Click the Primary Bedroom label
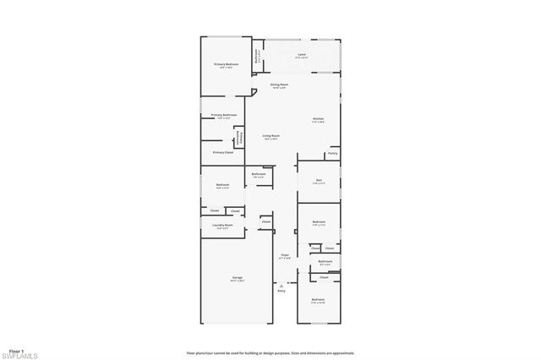[x=226, y=63]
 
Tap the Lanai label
[x=301, y=54]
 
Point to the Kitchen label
[x=318, y=117]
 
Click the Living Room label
[x=270, y=135]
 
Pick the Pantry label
[x=333, y=153]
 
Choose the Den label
[x=319, y=179]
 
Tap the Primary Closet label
[x=223, y=152]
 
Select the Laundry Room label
[x=223, y=226]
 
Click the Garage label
[x=238, y=278]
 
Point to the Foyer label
[x=285, y=254]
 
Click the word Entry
[x=281, y=292]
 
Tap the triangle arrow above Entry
[x=281, y=286]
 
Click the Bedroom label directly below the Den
[x=319, y=223]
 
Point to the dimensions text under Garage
[x=238, y=281]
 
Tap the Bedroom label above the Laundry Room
[x=222, y=184]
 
